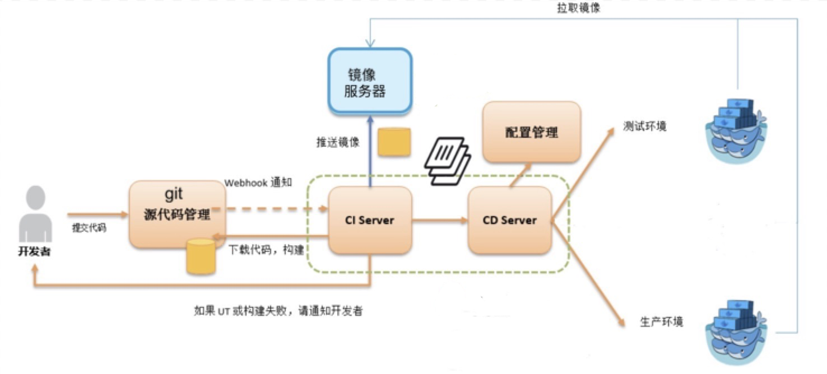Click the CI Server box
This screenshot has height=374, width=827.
point(370,220)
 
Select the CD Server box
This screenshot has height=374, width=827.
point(509,220)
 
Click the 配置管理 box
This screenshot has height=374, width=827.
point(531,132)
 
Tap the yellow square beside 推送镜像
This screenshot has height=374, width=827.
point(394,142)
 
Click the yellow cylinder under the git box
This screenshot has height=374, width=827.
point(201,256)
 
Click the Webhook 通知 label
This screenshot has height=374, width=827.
point(258,183)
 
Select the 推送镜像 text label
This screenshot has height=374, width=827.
point(338,142)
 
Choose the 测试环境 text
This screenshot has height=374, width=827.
point(645,126)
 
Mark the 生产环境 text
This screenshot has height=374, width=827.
point(661,323)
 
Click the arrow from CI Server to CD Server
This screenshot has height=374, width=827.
point(440,221)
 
